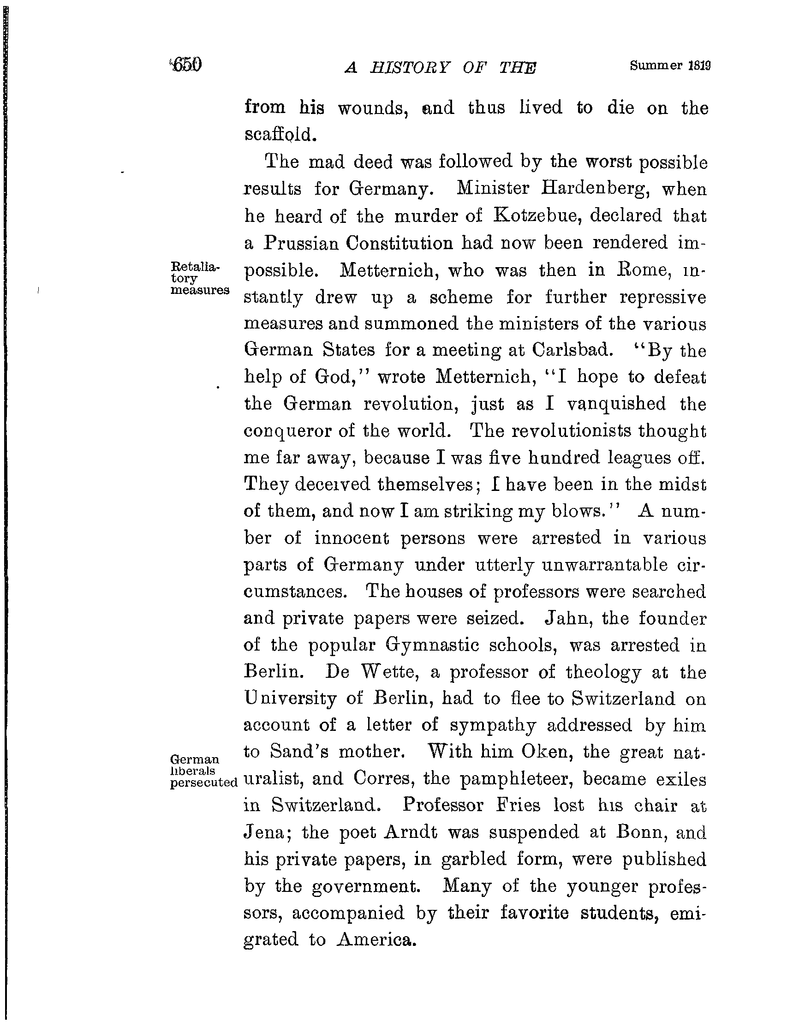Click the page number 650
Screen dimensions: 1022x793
pos(187,65)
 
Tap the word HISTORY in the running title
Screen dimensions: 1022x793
pos(409,68)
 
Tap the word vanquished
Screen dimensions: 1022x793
pos(616,403)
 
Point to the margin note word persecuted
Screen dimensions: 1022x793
pos(204,783)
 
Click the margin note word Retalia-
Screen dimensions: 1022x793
pos(195,267)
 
